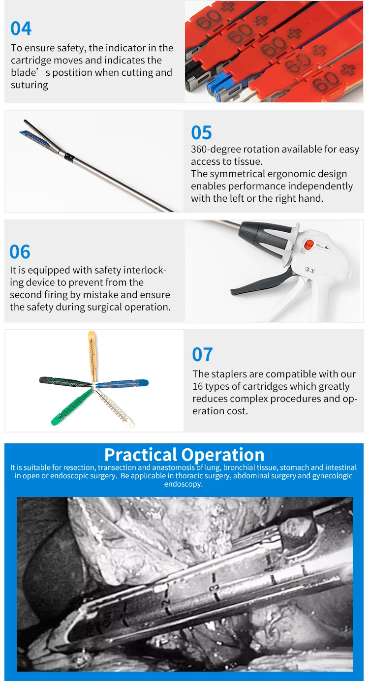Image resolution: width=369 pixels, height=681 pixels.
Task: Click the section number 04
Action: pyautogui.click(x=21, y=29)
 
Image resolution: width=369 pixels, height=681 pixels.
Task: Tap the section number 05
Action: pyautogui.click(x=201, y=133)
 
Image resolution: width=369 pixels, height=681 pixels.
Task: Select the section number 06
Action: pyautogui.click(x=20, y=252)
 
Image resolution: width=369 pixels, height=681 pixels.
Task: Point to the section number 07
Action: pyautogui.click(x=202, y=355)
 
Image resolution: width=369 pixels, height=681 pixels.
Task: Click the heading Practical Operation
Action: pyautogui.click(x=184, y=454)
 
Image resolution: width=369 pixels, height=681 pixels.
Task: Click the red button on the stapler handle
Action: pyautogui.click(x=308, y=245)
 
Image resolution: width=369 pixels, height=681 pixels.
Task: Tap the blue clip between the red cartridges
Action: pyautogui.click(x=216, y=89)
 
